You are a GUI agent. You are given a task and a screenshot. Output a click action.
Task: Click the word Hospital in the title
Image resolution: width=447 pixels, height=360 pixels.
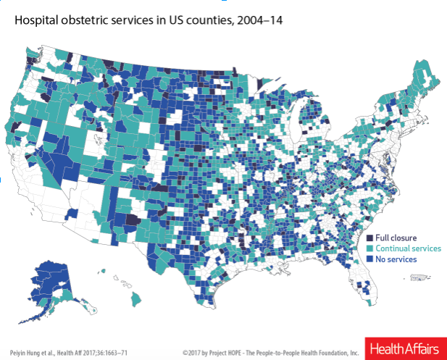(x=36, y=21)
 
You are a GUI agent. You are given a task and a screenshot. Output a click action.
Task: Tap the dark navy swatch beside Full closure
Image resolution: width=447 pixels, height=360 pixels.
(x=369, y=238)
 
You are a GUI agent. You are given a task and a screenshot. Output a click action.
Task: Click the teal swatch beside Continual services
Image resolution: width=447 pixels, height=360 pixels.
(x=369, y=248)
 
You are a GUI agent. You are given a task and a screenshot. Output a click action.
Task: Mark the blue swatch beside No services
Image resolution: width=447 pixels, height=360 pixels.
(x=369, y=258)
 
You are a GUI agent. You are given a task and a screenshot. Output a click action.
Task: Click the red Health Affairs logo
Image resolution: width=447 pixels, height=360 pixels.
(x=405, y=348)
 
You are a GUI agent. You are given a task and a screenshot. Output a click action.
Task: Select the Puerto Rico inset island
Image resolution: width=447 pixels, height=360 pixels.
(x=418, y=277)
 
